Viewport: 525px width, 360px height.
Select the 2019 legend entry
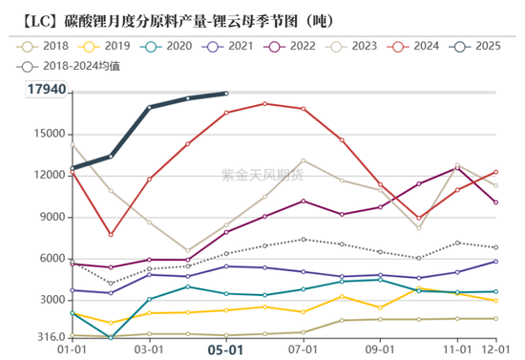pyautogui.click(x=105, y=46)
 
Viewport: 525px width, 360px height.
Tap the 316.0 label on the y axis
pyautogui.click(x=50, y=337)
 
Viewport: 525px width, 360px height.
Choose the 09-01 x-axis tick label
pyautogui.click(x=381, y=350)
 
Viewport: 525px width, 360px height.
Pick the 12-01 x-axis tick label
pyautogui.click(x=494, y=350)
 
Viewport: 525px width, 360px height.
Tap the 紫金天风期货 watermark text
pyautogui.click(x=262, y=174)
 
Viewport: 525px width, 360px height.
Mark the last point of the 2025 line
pyautogui.click(x=226, y=93)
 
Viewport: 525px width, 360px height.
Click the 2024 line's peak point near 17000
pyautogui.click(x=264, y=103)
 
